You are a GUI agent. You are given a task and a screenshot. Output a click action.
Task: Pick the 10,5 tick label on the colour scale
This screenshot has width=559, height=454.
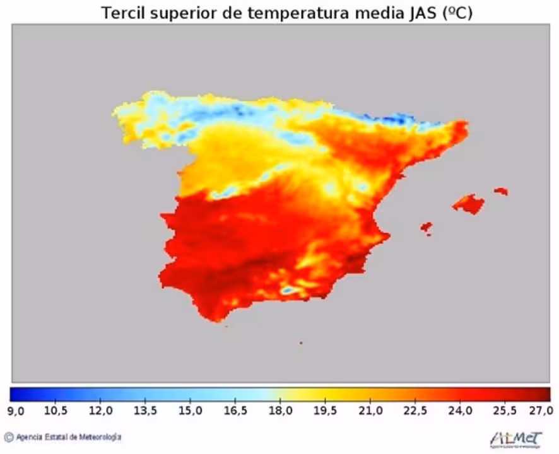[x=56, y=410]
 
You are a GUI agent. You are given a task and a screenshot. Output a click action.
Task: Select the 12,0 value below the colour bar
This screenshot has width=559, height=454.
[x=101, y=410]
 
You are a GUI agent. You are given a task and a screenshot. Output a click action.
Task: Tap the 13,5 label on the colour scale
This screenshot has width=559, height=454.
[x=146, y=410]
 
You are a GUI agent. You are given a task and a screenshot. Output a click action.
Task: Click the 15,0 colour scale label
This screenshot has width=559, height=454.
[x=191, y=410]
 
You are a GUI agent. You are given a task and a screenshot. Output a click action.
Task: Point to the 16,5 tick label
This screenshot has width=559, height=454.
[x=235, y=410]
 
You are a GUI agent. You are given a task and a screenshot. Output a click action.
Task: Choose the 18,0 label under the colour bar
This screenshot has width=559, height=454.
[x=280, y=410]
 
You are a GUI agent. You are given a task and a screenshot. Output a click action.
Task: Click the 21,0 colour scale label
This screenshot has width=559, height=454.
[x=370, y=410]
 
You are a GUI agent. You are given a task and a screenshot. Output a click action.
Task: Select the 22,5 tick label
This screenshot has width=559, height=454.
[x=415, y=410]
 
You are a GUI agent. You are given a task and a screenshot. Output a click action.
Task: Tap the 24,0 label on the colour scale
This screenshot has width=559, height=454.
[x=460, y=410]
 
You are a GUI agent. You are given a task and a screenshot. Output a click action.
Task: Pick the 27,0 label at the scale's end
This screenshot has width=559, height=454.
[x=541, y=410]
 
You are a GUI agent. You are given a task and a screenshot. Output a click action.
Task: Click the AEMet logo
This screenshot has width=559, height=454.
[x=515, y=437]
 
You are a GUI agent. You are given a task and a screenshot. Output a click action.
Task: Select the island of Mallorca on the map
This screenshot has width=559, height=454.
[x=469, y=203]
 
